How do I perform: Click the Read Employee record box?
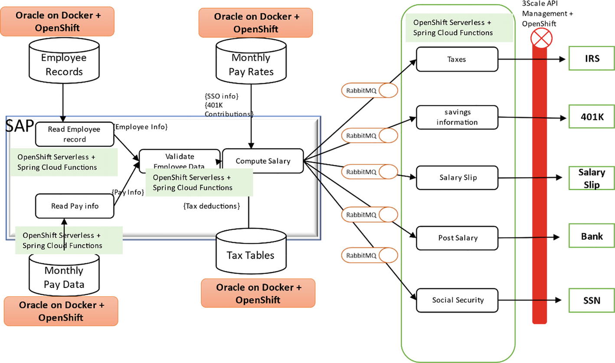(74, 134)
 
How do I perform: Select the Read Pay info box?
(74, 206)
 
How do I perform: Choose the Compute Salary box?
(263, 161)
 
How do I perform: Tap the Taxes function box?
(457, 59)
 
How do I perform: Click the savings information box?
(457, 117)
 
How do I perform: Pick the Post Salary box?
(457, 238)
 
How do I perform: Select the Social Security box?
(457, 300)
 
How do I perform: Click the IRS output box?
(591, 58)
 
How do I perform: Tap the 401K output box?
(591, 117)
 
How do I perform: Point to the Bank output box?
(591, 236)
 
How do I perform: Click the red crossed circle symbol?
(542, 38)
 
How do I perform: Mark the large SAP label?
(20, 127)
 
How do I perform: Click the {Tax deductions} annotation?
(212, 206)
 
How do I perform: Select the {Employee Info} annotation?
(140, 127)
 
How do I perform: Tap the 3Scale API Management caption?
(547, 13)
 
